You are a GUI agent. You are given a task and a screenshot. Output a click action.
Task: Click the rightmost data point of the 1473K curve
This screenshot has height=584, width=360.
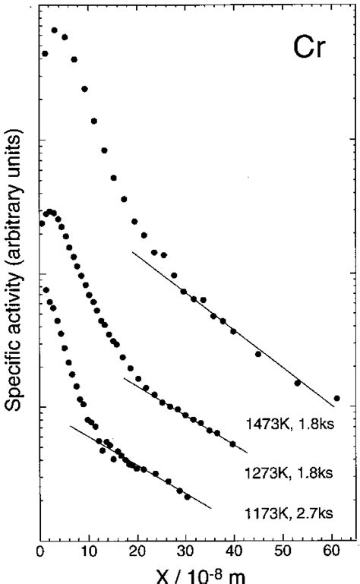point(336,398)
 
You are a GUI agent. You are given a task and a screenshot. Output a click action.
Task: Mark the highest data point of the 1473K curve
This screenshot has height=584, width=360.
point(55,30)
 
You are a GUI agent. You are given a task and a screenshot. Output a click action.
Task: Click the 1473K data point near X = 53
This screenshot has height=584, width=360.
point(298,383)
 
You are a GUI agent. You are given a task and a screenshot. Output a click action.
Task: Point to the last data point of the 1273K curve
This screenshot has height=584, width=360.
point(232,444)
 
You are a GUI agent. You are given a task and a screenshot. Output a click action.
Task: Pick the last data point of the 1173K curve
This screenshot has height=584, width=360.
point(188,498)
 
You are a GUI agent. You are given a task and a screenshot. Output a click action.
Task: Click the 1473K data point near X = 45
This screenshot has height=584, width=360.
point(258,354)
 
